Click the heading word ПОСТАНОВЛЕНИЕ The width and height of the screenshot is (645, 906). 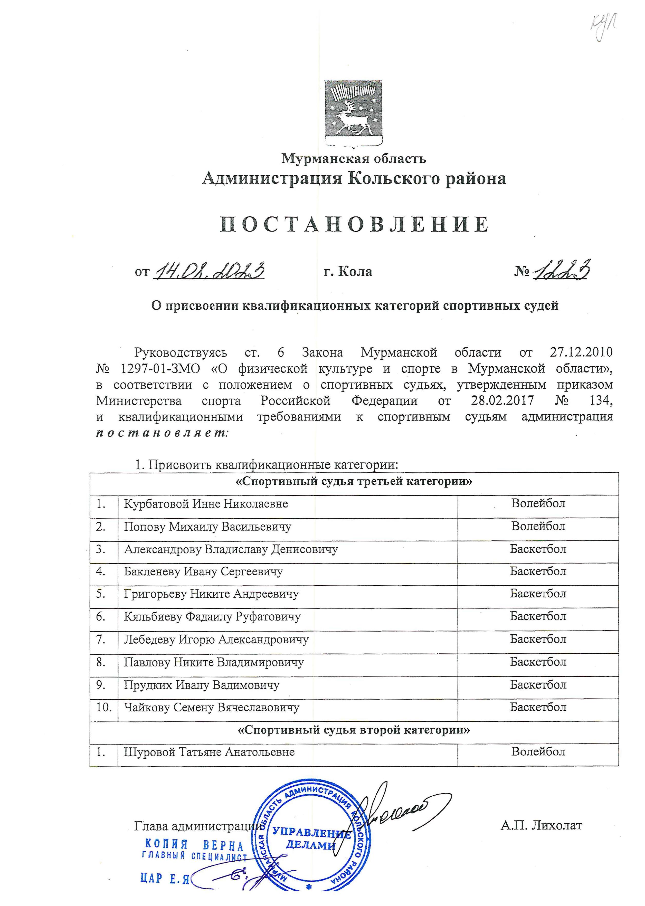coord(354,224)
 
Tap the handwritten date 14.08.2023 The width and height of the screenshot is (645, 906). coord(210,271)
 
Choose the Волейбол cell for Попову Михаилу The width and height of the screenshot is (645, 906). coord(538,527)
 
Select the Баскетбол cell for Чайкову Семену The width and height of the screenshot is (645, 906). coord(538,707)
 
